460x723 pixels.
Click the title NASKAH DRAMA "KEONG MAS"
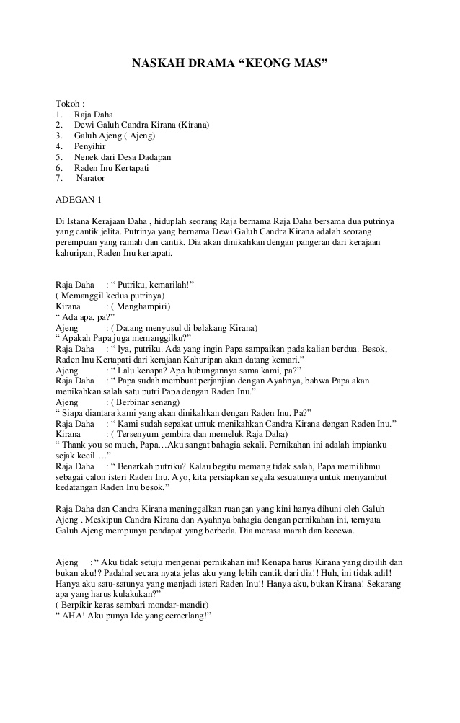[229, 64]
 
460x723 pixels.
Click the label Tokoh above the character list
[70, 104]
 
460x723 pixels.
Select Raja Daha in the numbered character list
[94, 115]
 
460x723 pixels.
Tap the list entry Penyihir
[90, 146]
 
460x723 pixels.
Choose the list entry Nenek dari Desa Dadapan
[123, 157]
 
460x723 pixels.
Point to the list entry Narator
[90, 178]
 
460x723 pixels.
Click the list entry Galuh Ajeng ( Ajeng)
[115, 136]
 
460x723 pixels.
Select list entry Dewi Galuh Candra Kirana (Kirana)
[141, 125]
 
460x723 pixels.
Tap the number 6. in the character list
[58, 167]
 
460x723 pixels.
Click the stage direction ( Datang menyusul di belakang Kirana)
[182, 327]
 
